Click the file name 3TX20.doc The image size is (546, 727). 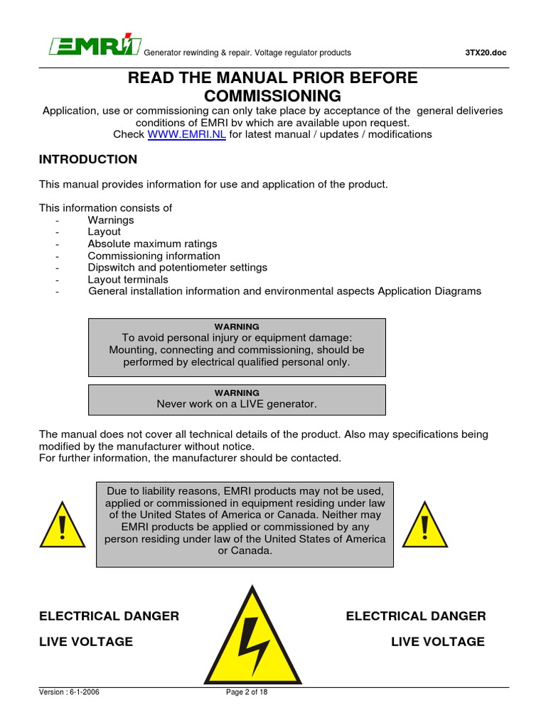(x=486, y=53)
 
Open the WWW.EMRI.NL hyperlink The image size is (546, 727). (x=186, y=134)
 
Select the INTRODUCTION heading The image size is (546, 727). (x=88, y=160)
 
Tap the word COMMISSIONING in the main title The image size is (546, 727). (x=272, y=96)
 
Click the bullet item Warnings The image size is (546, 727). (x=111, y=220)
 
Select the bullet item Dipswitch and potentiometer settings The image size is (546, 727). (x=177, y=268)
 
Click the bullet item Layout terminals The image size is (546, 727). (x=128, y=280)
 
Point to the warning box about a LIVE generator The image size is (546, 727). (x=237, y=400)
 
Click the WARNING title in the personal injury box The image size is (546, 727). (x=237, y=327)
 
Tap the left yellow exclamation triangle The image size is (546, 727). (x=63, y=525)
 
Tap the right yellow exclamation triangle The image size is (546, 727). (x=425, y=525)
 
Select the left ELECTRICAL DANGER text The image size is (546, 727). (x=109, y=616)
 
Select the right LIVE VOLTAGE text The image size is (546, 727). (x=437, y=642)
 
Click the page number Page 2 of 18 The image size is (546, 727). (x=246, y=693)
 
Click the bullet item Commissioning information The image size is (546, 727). (x=154, y=256)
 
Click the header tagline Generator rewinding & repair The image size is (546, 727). (x=198, y=53)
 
